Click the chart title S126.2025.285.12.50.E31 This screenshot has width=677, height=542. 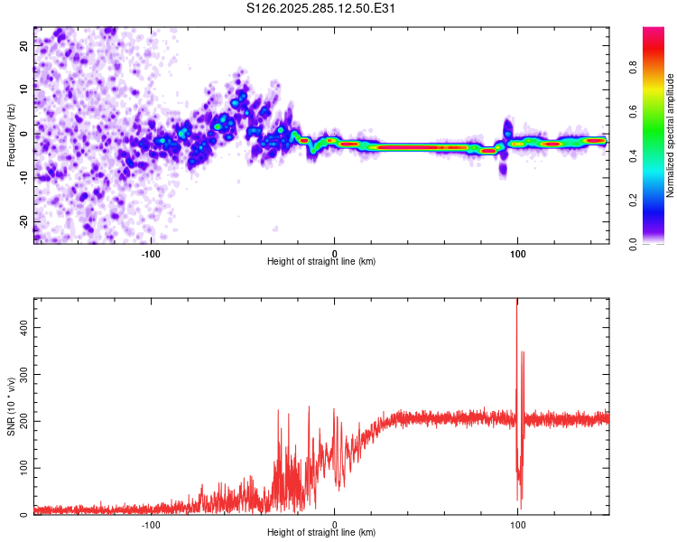click(322, 9)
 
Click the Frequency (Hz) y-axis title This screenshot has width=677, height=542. click(12, 135)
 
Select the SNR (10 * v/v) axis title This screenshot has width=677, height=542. click(12, 406)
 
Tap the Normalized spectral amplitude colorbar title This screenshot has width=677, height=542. click(671, 135)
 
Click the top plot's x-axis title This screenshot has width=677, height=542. click(321, 262)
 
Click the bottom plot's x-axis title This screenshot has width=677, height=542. click(321, 533)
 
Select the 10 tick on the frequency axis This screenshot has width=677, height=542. click(23, 89)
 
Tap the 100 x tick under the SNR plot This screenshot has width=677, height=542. click(518, 524)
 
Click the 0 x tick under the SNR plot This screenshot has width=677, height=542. click(335, 524)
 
